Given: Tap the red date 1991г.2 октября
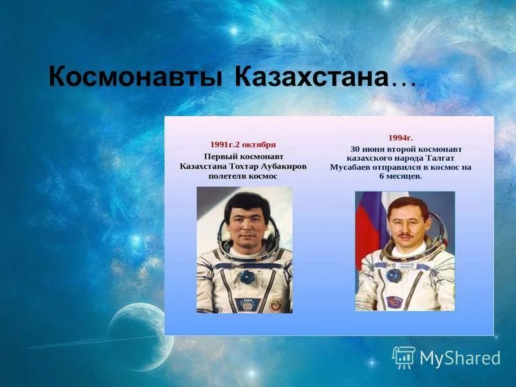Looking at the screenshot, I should coord(243,144).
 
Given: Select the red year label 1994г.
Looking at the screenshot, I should coord(400,137).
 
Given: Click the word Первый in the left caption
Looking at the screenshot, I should coord(221,156).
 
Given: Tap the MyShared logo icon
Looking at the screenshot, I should coord(403,357).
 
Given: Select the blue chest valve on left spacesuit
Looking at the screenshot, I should coord(246,277).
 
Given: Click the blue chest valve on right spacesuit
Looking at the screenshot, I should coord(393,275).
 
